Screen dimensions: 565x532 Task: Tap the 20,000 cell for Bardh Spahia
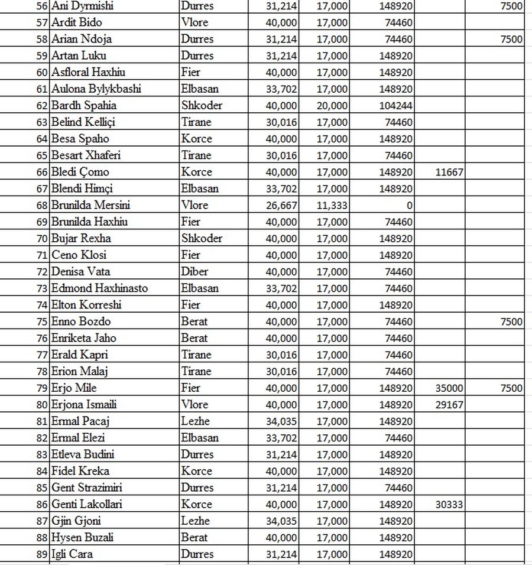tap(332, 106)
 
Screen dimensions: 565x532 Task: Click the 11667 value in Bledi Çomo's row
tap(449, 172)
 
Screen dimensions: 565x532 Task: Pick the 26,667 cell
tap(283, 205)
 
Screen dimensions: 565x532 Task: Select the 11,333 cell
tap(332, 205)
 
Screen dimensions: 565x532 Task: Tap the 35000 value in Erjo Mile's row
tap(449, 388)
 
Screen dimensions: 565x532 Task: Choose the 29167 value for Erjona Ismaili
tap(449, 405)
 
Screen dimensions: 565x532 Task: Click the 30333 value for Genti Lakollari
tap(449, 505)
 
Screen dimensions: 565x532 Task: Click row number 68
tap(42, 205)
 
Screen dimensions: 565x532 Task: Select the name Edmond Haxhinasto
tap(99, 288)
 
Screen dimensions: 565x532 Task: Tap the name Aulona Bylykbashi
tap(96, 89)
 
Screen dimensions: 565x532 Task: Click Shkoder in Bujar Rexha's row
tap(202, 239)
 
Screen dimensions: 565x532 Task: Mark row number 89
tap(42, 554)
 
